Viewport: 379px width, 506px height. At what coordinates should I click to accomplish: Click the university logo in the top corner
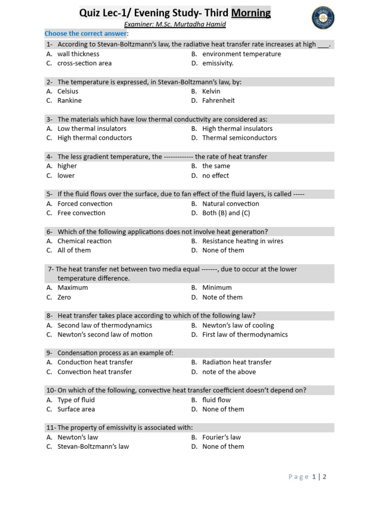[323, 18]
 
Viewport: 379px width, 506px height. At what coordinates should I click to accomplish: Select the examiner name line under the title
[175, 25]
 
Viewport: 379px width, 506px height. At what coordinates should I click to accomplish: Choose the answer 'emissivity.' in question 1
[218, 63]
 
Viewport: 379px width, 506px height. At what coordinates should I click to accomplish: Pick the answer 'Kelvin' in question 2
[211, 91]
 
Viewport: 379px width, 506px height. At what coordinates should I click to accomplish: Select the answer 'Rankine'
[70, 101]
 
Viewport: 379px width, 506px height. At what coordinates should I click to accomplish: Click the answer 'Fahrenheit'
[218, 101]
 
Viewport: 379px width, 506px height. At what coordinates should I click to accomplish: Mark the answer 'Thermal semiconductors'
[239, 138]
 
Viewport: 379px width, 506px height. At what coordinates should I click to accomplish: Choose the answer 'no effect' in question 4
[215, 175]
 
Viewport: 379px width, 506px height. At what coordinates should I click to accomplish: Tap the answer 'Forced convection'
[85, 204]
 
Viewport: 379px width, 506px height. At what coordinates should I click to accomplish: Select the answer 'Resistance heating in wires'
[243, 241]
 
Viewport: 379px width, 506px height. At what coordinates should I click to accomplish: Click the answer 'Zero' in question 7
[64, 297]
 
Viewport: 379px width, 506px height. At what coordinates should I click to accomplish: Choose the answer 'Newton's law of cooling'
[238, 326]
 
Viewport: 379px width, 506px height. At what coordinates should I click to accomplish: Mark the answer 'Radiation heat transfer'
[237, 362]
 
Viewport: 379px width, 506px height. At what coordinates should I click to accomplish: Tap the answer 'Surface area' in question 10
[76, 409]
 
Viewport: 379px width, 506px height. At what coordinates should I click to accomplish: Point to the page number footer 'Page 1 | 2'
[307, 477]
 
